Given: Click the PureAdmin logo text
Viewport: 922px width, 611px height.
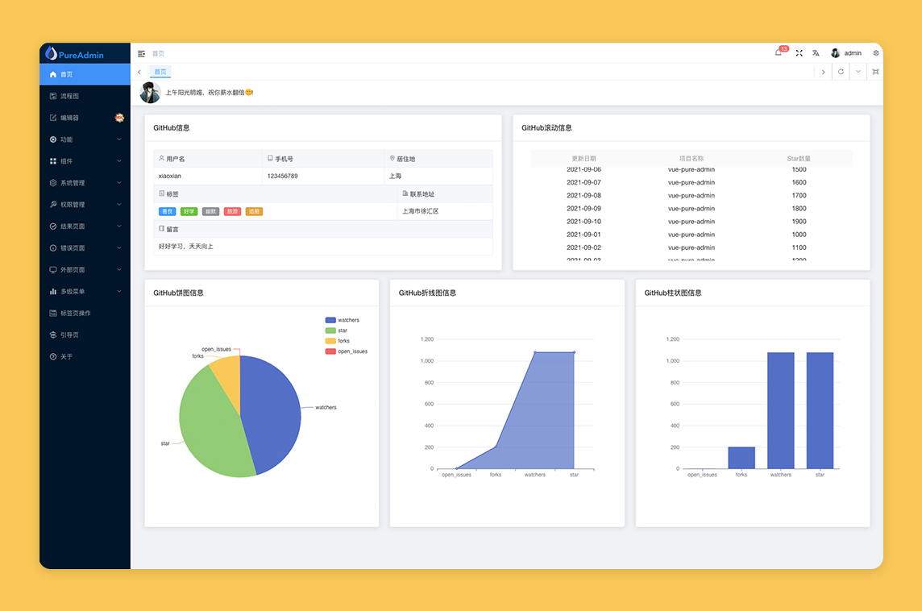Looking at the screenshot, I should [x=81, y=55].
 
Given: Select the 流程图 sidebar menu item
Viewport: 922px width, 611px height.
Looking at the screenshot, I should [x=69, y=96].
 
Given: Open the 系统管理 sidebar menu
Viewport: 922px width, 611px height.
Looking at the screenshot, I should [x=73, y=183].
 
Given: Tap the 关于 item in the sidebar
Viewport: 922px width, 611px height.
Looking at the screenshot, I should [x=66, y=356].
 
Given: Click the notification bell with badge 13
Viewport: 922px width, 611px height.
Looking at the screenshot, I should [x=779, y=53].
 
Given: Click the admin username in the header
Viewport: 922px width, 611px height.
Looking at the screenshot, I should [x=853, y=53].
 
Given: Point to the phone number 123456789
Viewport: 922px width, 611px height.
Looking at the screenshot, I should [x=283, y=176].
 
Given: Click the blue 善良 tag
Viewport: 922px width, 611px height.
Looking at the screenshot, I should [x=168, y=211].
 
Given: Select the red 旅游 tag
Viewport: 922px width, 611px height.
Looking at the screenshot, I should [x=232, y=211].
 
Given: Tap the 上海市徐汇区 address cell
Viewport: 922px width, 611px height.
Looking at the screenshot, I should [x=421, y=211].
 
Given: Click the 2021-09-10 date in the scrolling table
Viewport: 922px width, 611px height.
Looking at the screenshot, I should [x=584, y=222].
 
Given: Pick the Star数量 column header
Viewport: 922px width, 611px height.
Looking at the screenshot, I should [x=799, y=159].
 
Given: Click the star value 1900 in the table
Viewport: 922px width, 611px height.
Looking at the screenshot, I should [x=799, y=222].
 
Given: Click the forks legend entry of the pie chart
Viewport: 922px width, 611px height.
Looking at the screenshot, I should [x=343, y=341].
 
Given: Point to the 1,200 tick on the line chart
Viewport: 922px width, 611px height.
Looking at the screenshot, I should [x=426, y=339].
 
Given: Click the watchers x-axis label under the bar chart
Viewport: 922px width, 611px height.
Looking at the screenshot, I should [x=780, y=475].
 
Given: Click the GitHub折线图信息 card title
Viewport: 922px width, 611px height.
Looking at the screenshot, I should [x=427, y=293].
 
